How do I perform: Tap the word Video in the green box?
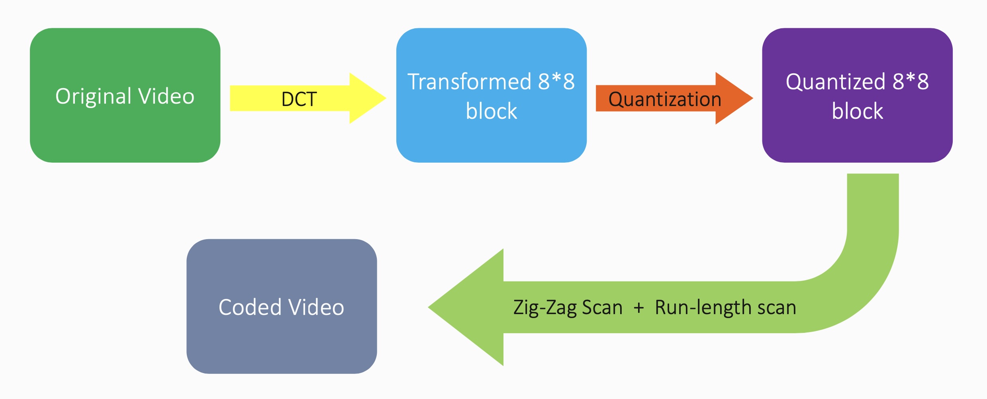point(166,96)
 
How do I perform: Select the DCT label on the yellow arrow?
point(299,99)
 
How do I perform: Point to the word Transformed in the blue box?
point(469,82)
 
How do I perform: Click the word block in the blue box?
point(491,111)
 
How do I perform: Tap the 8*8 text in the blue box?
point(556,81)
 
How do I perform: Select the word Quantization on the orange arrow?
point(664,99)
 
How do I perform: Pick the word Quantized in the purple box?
point(835,82)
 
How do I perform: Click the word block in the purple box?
point(857,111)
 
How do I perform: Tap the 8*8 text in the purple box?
point(911,81)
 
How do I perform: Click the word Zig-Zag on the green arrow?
point(544,308)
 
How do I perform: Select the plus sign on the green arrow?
point(638,308)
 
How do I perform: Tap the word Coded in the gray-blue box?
point(250,307)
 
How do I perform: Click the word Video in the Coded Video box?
point(316,307)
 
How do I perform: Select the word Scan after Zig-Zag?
point(602,308)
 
